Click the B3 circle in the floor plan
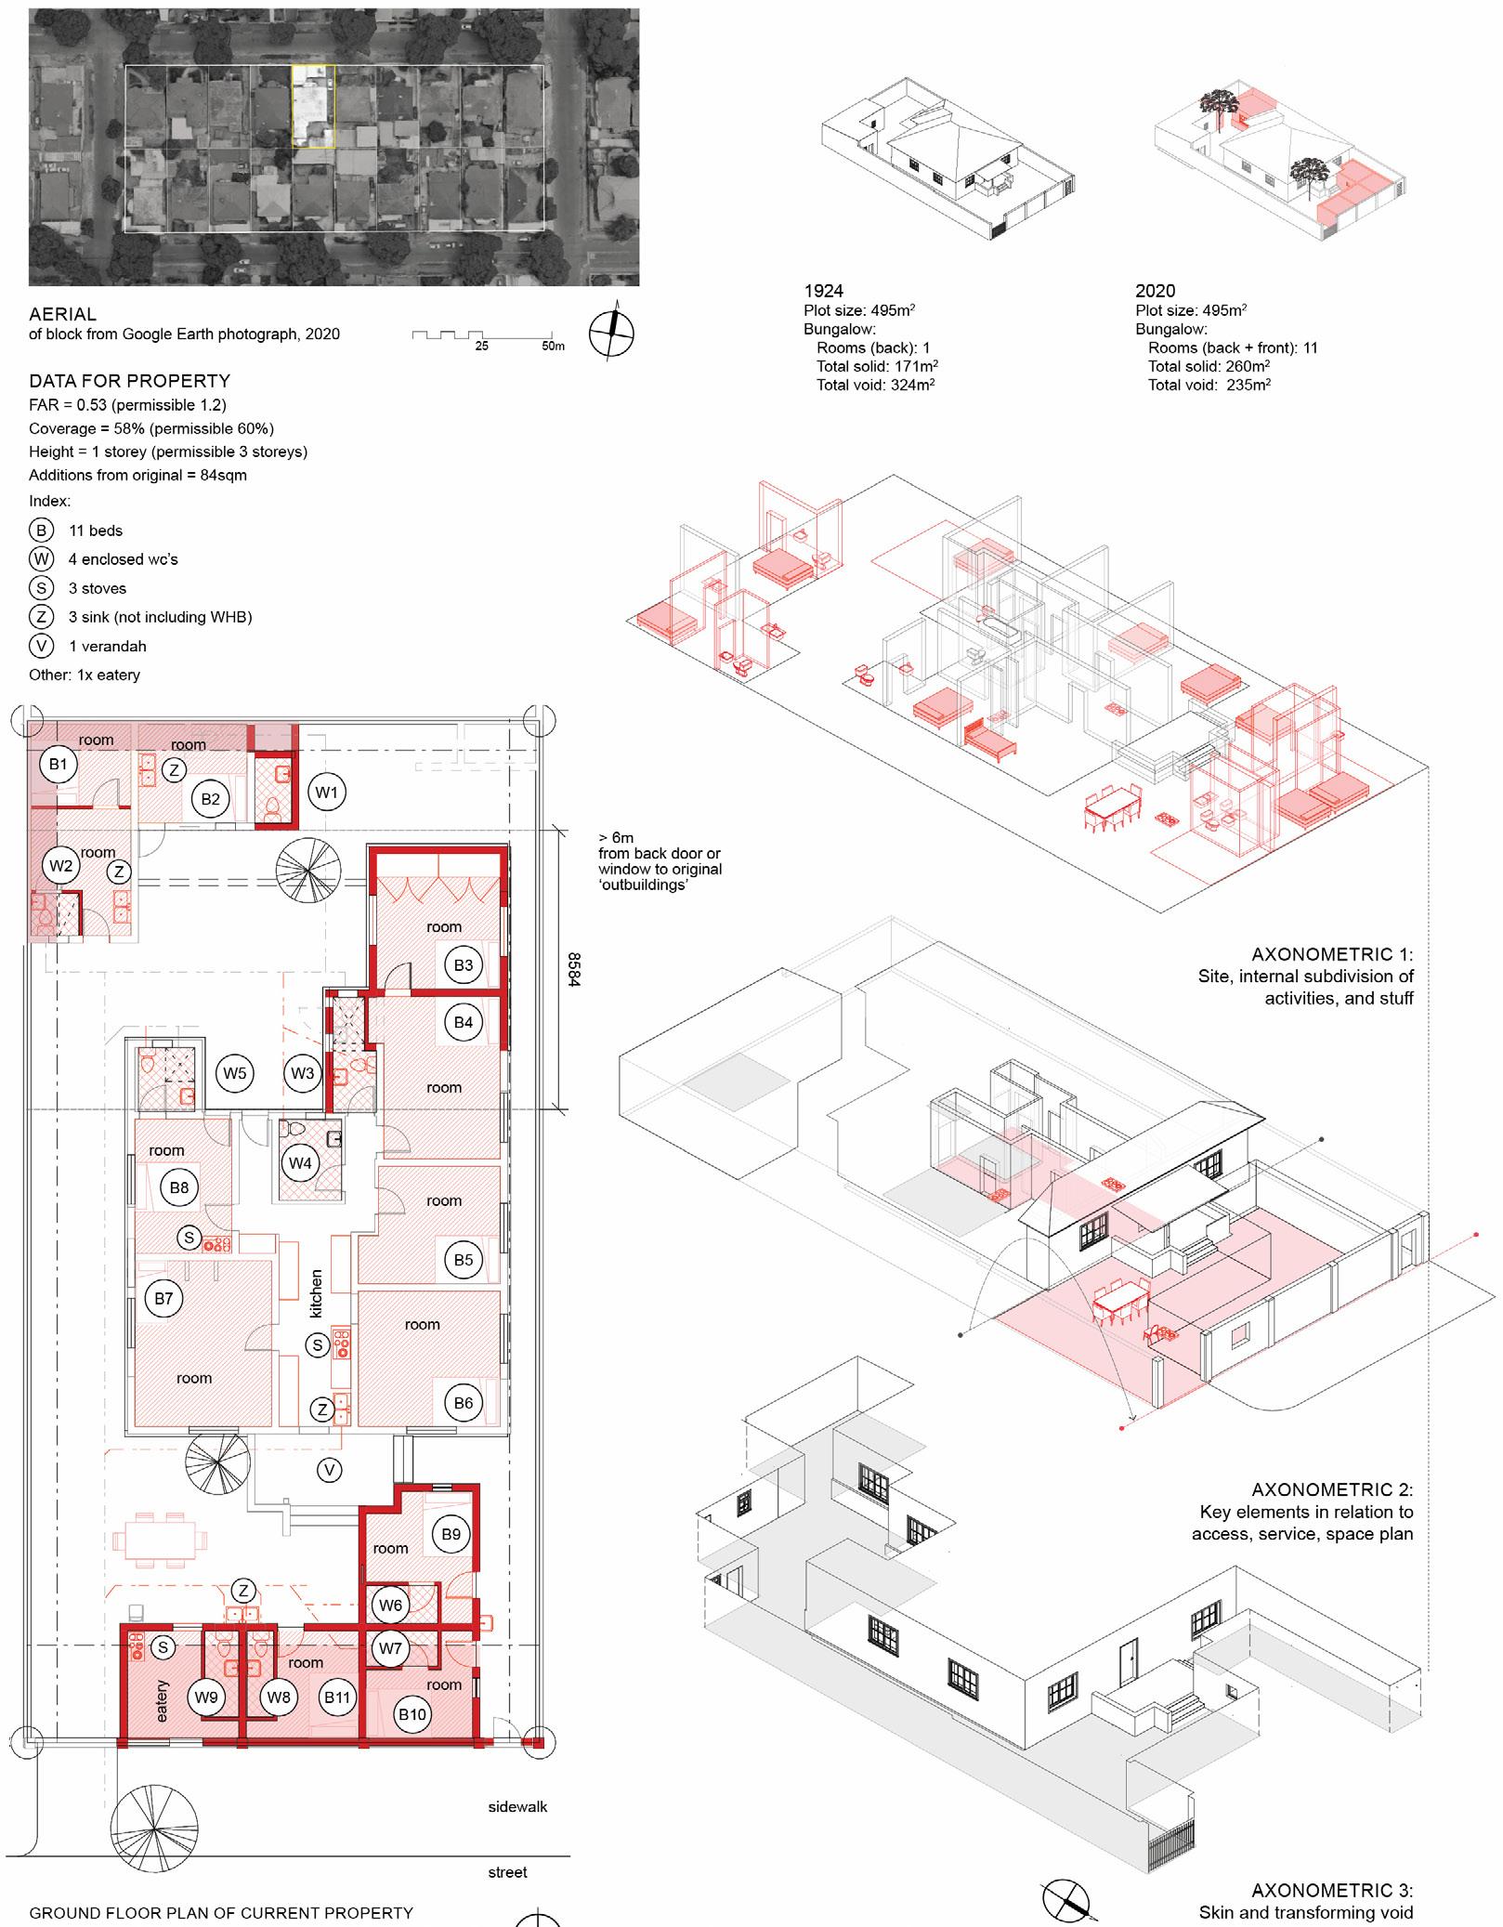[x=464, y=964]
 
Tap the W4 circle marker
[x=300, y=1162]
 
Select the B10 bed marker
[x=412, y=1713]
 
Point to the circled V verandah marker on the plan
[x=329, y=1469]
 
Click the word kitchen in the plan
[x=316, y=1293]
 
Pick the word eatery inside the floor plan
[x=163, y=1700]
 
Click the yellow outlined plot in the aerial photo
[x=313, y=105]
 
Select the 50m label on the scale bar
[x=553, y=346]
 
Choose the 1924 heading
[x=823, y=291]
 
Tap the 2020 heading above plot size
[x=1155, y=291]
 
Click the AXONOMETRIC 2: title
[x=1331, y=1489]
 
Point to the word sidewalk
[x=517, y=1806]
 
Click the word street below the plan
[x=507, y=1872]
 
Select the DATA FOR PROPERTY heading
[x=129, y=381]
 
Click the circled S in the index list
[x=42, y=588]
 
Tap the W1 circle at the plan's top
[x=326, y=793]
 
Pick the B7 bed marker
[x=163, y=1298]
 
